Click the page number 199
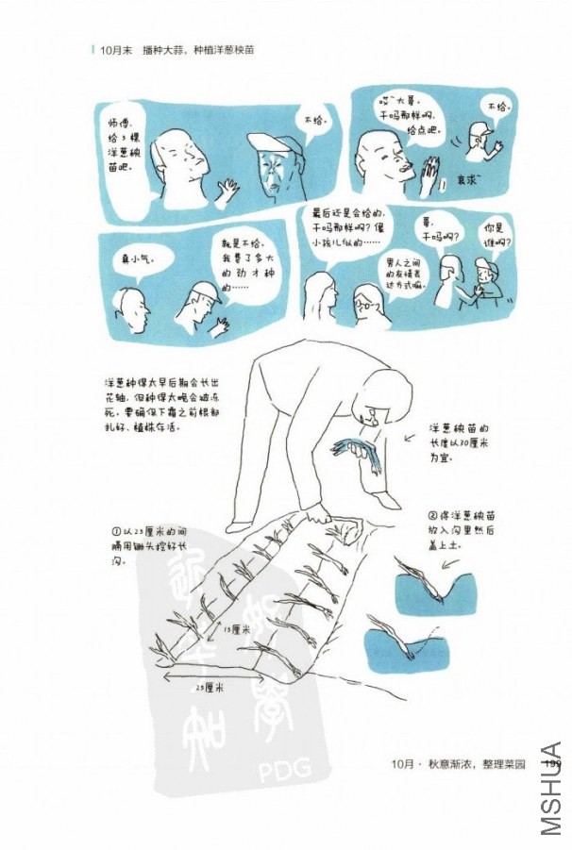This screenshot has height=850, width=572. click(553, 762)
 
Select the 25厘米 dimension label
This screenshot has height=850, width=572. click(209, 688)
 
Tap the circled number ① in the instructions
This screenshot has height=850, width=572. click(114, 531)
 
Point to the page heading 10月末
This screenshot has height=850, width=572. click(116, 50)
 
